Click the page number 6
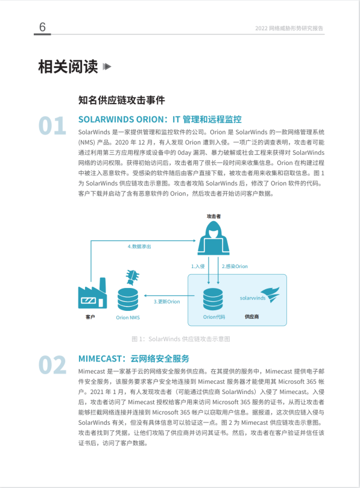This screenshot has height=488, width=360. tap(42, 27)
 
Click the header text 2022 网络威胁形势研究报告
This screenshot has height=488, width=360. tap(289, 28)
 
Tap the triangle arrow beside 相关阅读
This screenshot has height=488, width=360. tap(107, 66)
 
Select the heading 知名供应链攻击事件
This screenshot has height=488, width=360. tap(121, 100)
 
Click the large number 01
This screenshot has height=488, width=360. tap(52, 126)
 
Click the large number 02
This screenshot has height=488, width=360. tap(52, 365)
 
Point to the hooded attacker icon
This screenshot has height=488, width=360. tap(213, 238)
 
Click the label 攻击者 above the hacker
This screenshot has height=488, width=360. tap(213, 216)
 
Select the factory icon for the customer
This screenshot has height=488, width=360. tap(92, 293)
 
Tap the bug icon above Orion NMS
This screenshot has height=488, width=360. tap(132, 277)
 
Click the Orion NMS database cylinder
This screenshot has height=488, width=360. tap(128, 299)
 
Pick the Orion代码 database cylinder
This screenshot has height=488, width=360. tap(213, 299)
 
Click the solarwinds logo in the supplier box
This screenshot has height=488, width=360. tap(260, 295)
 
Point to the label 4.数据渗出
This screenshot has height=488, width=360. tap(139, 246)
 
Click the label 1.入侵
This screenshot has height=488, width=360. tap(198, 266)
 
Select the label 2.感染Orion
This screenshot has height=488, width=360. tap(235, 266)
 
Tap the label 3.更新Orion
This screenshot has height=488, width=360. tap(166, 302)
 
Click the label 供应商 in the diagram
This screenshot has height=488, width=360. tap(251, 317)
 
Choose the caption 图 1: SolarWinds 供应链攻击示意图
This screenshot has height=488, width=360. tap(181, 339)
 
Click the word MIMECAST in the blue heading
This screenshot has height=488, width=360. tap(99, 359)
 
